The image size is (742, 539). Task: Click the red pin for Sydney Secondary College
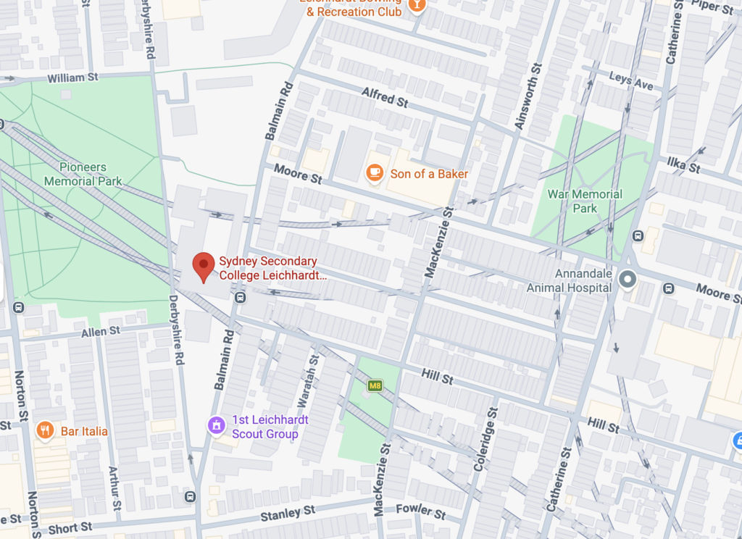[x=204, y=266]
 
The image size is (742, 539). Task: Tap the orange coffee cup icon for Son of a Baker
[x=374, y=173]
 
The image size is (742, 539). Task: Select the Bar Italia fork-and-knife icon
[x=45, y=431]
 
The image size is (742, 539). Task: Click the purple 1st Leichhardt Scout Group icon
[x=215, y=425]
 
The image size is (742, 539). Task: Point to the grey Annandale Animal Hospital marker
[x=627, y=277]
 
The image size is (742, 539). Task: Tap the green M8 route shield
[x=375, y=385]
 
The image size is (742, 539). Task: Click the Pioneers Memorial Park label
[x=82, y=175]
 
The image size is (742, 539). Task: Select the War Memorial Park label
[x=585, y=201]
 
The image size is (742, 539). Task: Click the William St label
[x=72, y=78]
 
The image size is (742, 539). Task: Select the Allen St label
[x=100, y=331]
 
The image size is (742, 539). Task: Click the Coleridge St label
[x=485, y=439]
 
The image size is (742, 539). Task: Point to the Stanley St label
[x=288, y=513]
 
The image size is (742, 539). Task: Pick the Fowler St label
[x=421, y=513]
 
